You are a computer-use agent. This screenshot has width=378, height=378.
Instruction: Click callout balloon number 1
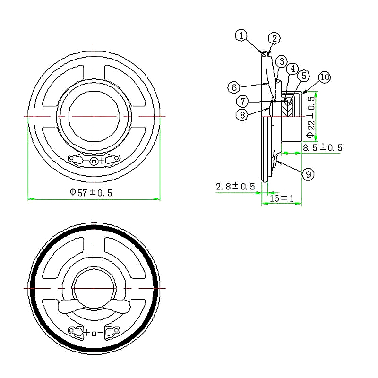tap(241, 35)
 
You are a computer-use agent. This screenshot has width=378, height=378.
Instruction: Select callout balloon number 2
tap(275, 38)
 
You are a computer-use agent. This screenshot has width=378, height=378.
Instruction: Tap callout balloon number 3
tap(282, 62)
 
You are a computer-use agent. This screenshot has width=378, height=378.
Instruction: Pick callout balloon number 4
tap(292, 69)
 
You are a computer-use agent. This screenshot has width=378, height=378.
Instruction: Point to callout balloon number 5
tap(304, 76)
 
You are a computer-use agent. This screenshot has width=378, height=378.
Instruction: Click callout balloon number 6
tap(234, 87)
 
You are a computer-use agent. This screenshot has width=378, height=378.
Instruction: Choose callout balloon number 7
tap(242, 101)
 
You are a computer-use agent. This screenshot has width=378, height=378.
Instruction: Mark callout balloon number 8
tap(242, 115)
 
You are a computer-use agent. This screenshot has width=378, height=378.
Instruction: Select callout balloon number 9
tap(309, 174)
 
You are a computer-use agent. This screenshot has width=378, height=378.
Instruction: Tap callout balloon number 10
tap(325, 77)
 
